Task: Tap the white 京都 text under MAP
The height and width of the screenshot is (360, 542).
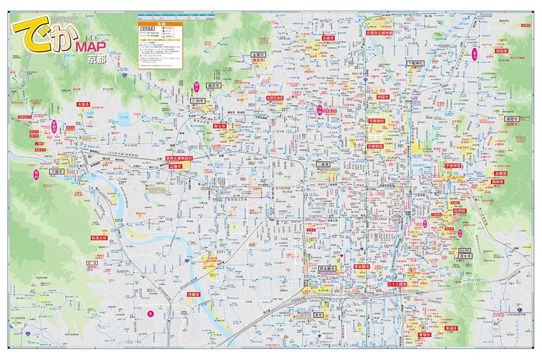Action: pyautogui.click(x=98, y=60)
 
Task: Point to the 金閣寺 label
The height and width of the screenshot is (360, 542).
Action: pyautogui.click(x=258, y=55)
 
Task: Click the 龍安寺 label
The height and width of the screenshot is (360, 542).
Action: pyautogui.click(x=216, y=85)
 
